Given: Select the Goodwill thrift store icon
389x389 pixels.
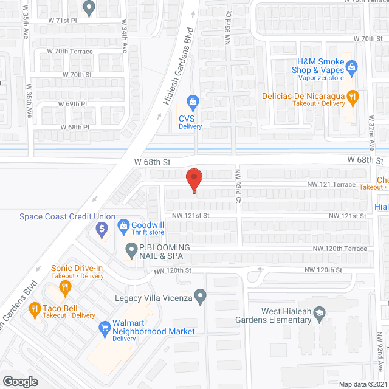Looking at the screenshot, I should click(123, 224).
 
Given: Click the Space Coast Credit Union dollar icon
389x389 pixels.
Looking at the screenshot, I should click(102, 230).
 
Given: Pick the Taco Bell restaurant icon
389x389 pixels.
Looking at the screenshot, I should click(35, 308).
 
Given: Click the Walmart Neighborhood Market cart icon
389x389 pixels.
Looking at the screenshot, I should click(104, 328).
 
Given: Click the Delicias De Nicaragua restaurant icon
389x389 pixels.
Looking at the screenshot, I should click(351, 96).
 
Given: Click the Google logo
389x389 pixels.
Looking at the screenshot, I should click(20, 381).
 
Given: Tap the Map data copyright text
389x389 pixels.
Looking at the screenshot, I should click(363, 384).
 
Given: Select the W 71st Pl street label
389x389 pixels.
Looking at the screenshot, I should click(62, 20).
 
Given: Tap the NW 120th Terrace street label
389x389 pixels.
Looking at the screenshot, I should click(340, 249).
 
